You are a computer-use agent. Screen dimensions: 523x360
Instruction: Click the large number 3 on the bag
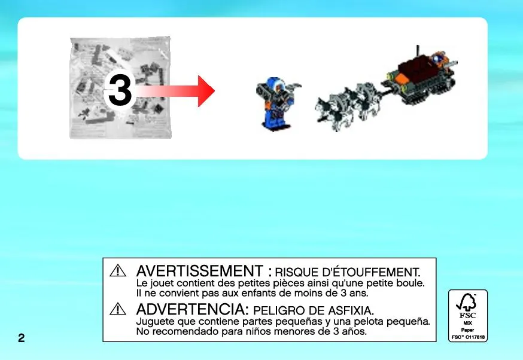pos(120,90)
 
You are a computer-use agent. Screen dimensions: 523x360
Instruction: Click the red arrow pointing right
pos(175,91)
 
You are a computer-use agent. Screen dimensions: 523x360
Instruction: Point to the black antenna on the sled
pos(417,51)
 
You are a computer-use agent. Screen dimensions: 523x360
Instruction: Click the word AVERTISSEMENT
pos(200,271)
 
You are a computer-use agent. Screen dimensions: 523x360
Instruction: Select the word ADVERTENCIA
pos(193,309)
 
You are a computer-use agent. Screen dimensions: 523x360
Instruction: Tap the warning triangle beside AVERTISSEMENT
pos(118,270)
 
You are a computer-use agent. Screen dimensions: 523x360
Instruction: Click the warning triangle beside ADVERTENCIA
pos(118,309)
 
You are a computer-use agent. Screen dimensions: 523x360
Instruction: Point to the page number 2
pos(22,338)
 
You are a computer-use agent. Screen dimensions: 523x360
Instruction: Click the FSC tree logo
pos(467,303)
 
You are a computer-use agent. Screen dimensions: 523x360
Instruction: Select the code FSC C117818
pos(468,337)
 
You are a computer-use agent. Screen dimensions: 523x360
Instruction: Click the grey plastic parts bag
pos(120,88)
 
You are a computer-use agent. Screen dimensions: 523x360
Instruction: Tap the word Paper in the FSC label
pos(467,330)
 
